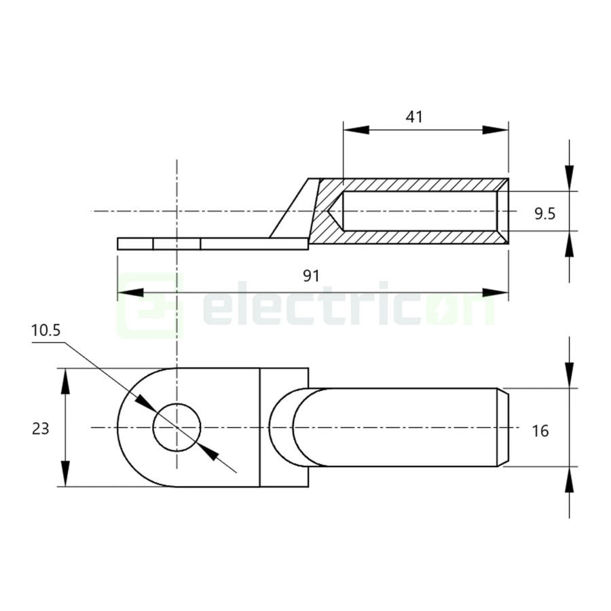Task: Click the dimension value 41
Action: [x=414, y=117]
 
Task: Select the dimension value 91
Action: [x=311, y=276]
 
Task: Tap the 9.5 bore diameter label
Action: [x=544, y=214]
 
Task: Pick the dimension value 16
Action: [x=540, y=430]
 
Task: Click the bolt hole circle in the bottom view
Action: [x=177, y=428]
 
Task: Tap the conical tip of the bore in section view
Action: [x=335, y=211]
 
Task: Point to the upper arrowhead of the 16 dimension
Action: [x=570, y=376]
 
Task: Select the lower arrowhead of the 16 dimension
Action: [x=570, y=479]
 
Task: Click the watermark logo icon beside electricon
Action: [x=151, y=305]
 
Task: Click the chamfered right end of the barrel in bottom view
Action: [x=504, y=428]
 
